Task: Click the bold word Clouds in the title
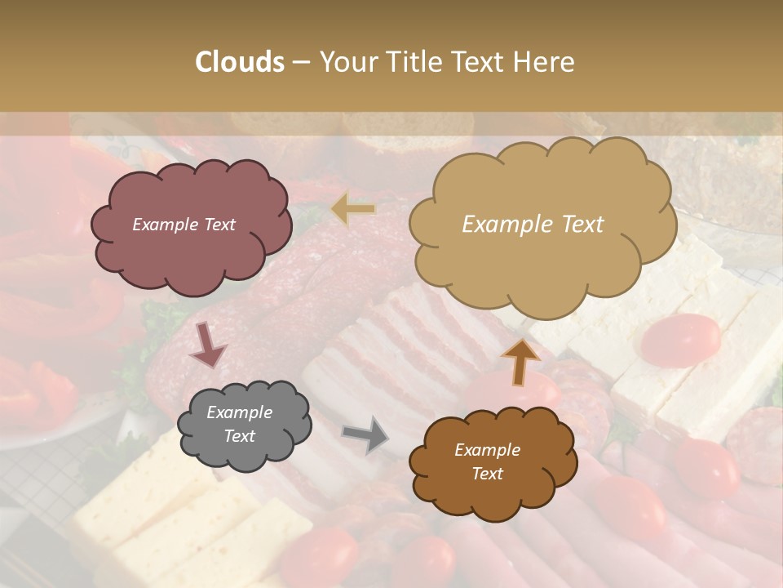(240, 62)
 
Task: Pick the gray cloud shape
(244, 425)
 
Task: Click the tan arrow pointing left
(354, 209)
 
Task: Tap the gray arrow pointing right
(365, 434)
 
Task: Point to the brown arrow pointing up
(520, 362)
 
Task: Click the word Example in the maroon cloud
(166, 225)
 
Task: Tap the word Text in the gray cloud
(240, 436)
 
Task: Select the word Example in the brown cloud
(487, 450)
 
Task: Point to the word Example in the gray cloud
(240, 412)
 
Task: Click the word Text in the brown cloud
(487, 474)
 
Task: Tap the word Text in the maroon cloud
(218, 225)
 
